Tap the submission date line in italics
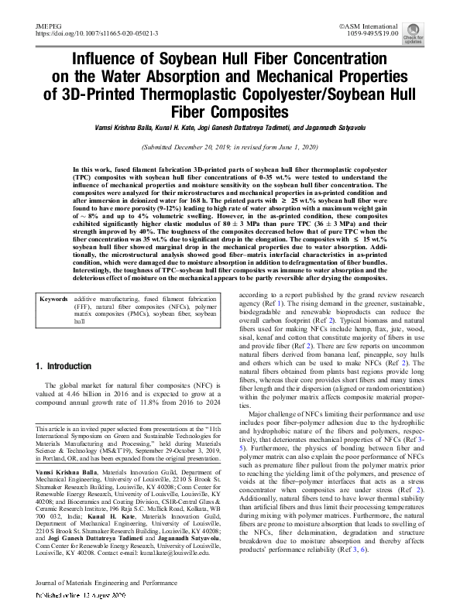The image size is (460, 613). point(229,147)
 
